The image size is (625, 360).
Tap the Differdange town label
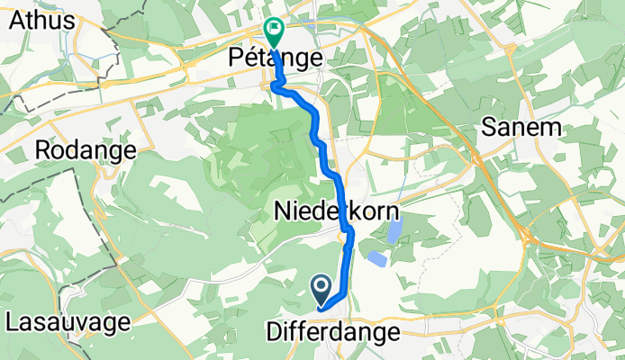pos(332,332)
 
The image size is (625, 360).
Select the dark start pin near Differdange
pos(322,290)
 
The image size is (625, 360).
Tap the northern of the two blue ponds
pos(394,233)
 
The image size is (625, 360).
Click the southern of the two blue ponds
pos(376,259)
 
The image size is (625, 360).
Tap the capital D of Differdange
pos(274,332)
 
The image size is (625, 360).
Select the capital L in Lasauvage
pos(12,321)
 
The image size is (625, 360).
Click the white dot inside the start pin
pos(322,287)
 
